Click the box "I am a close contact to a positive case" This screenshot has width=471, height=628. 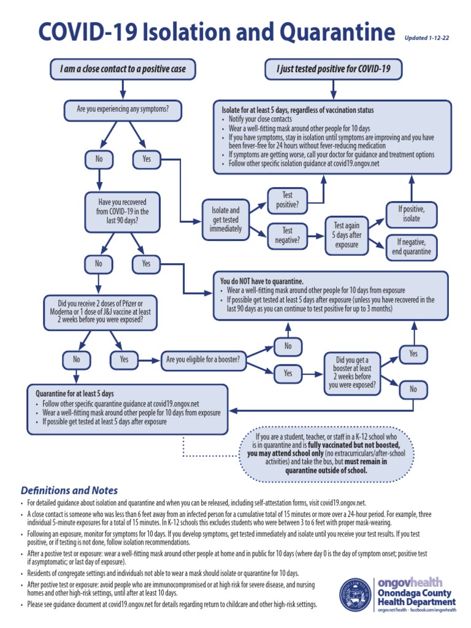[x=123, y=69]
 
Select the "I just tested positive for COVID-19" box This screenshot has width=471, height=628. [x=333, y=69]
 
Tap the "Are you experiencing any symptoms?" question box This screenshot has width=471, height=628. [x=123, y=110]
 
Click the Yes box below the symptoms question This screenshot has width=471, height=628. [x=147, y=159]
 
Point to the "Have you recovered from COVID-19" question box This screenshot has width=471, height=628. [x=123, y=211]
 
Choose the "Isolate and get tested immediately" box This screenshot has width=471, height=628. [x=226, y=219]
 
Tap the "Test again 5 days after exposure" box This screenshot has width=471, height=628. [x=347, y=234]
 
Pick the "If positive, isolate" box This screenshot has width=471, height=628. [x=412, y=213]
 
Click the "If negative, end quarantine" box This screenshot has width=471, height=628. [x=414, y=247]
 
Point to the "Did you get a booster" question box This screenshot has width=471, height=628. [x=351, y=372]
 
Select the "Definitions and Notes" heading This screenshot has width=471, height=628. [x=69, y=491]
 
